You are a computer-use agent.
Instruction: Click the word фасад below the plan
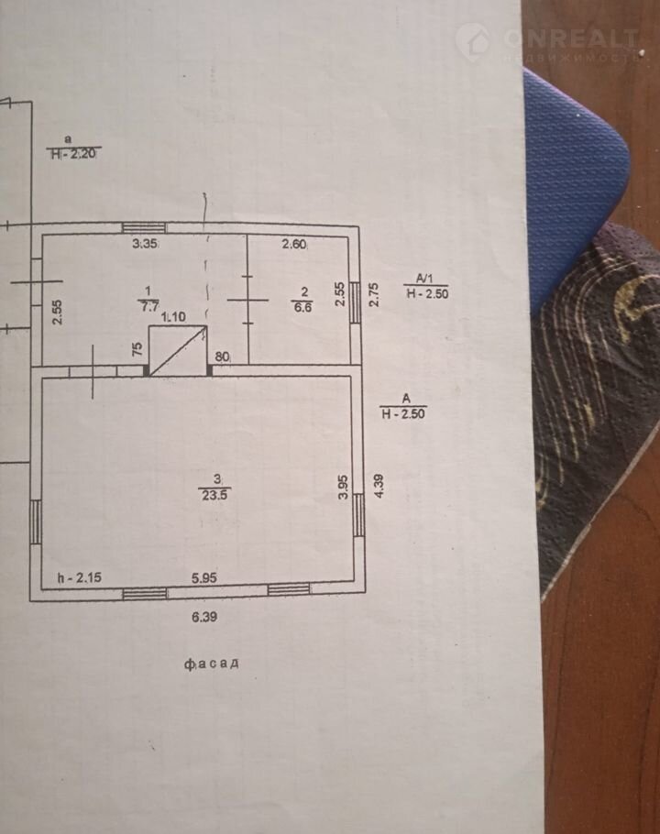point(211,663)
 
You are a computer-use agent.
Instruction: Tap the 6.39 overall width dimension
point(206,618)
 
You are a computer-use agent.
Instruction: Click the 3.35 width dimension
point(146,244)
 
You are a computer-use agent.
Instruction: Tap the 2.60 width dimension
point(294,244)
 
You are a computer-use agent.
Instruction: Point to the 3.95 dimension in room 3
point(343,486)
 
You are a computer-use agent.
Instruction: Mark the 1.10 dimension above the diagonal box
point(173,317)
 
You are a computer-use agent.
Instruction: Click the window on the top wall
point(144,227)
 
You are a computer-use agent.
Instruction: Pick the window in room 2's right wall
point(354,302)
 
